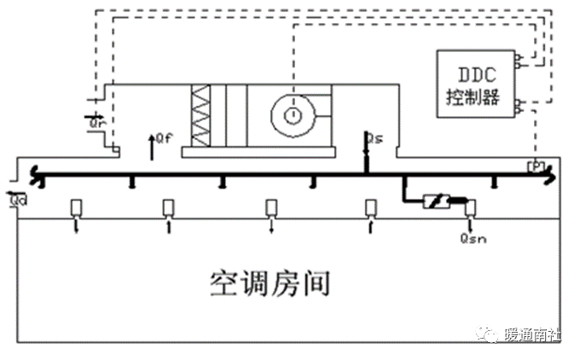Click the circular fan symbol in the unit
(x=293, y=113)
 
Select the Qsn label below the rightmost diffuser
(x=470, y=240)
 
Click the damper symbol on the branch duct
(x=438, y=202)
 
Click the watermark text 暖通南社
(x=532, y=334)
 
